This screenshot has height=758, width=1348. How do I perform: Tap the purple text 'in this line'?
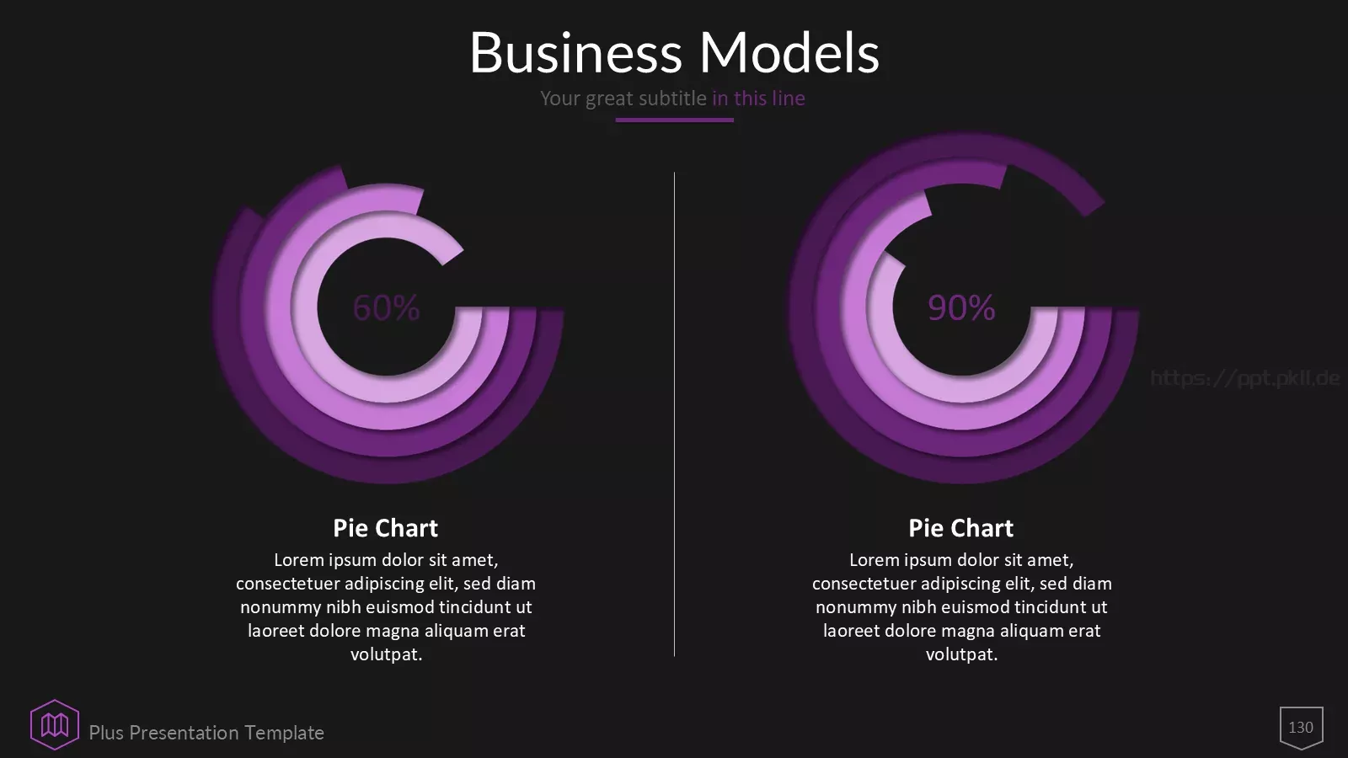(x=758, y=98)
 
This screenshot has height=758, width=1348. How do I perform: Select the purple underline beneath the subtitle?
(x=674, y=120)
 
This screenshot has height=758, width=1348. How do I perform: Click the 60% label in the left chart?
(x=386, y=307)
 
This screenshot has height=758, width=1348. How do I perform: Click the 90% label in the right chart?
(x=961, y=307)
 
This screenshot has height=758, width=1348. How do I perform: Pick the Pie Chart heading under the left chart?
(x=386, y=528)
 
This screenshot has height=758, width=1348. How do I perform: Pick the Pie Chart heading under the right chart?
(x=961, y=528)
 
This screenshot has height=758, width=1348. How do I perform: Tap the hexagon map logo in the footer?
(x=55, y=725)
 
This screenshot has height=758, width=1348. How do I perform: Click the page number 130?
(x=1301, y=728)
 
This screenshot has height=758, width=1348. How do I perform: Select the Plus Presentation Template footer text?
(x=206, y=733)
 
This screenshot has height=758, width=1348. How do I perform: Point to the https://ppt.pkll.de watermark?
(x=1244, y=378)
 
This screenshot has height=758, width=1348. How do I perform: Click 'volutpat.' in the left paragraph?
(x=387, y=654)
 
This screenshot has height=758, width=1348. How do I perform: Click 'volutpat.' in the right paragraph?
(x=961, y=654)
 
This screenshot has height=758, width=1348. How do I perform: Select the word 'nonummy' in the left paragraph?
(x=281, y=607)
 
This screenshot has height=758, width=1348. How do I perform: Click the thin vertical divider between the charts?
(x=674, y=414)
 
